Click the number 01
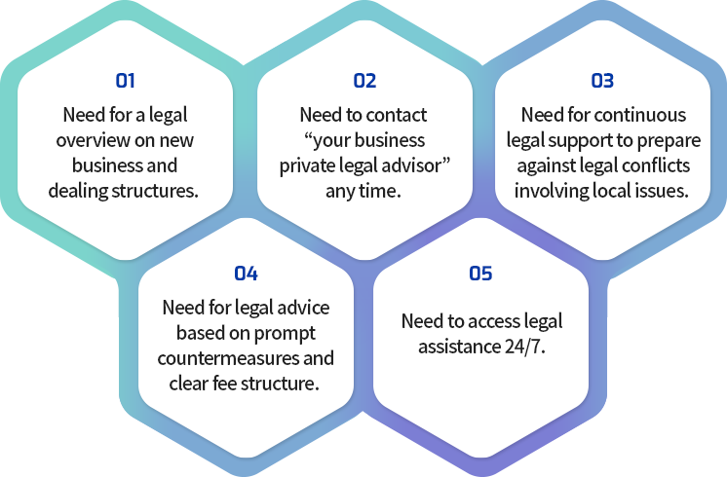click(x=125, y=81)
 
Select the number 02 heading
click(x=364, y=81)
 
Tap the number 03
click(x=602, y=81)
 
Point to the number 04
click(x=246, y=274)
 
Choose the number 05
click(x=480, y=274)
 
